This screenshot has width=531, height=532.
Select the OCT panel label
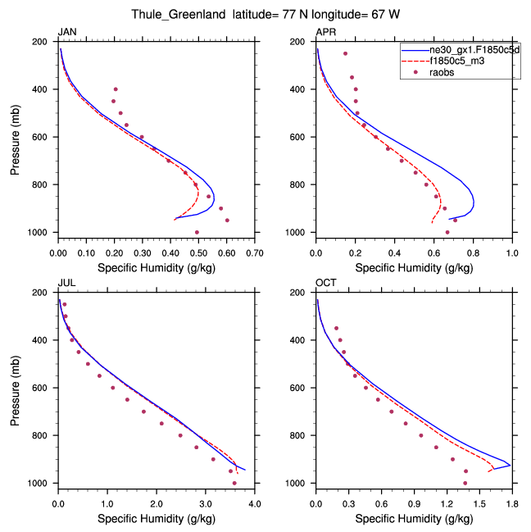(x=325, y=283)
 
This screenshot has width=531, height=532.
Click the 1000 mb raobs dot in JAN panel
(x=197, y=232)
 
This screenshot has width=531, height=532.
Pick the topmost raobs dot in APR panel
(x=345, y=53)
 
